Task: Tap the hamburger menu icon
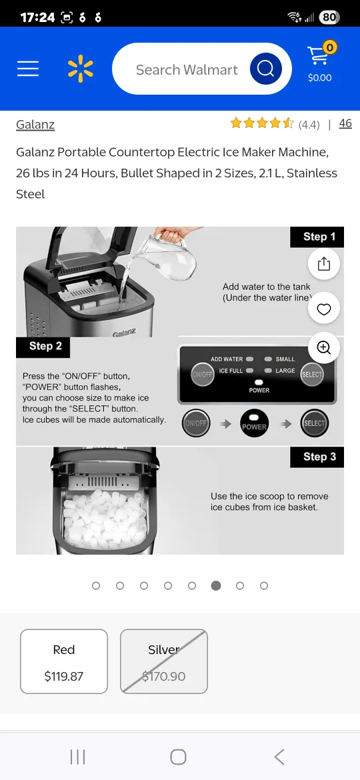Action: click(x=28, y=69)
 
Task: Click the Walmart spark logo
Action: click(x=81, y=69)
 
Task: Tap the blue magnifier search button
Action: click(x=265, y=69)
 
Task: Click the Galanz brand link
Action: click(x=35, y=124)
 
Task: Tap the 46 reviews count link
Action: click(x=345, y=123)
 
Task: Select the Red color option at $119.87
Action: click(x=64, y=662)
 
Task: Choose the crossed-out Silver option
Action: click(x=164, y=662)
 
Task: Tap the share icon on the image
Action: click(x=324, y=264)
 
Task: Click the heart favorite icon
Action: click(x=324, y=309)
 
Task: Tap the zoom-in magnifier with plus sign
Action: click(x=324, y=347)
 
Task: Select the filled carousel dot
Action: click(x=216, y=585)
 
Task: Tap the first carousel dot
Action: click(x=96, y=585)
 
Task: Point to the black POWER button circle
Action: click(x=254, y=423)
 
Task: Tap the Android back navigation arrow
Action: click(x=279, y=757)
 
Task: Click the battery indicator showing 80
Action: click(x=329, y=17)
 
